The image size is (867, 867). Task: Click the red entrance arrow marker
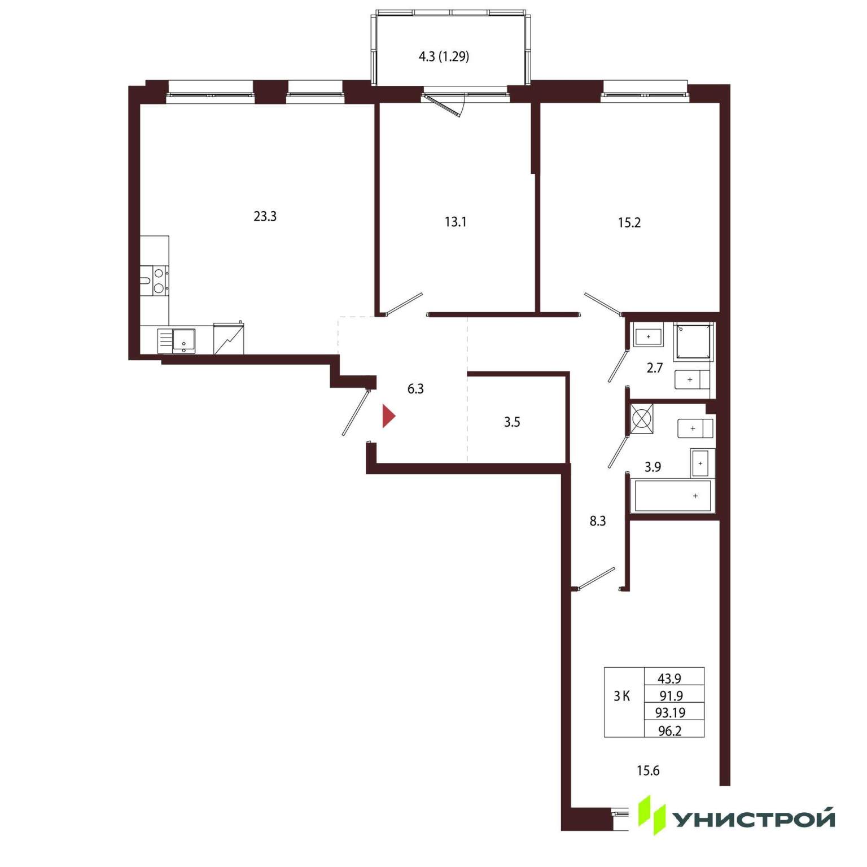pos(388,416)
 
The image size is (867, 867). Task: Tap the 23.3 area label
pos(265,216)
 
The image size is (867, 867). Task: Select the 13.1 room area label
pos(456,222)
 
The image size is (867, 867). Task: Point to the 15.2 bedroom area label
pos(629,222)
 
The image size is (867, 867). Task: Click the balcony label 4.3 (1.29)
pos(444,56)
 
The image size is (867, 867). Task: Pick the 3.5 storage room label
pos(512,422)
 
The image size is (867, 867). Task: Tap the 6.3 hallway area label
pos(415,388)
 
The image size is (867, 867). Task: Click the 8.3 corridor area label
pos(598,521)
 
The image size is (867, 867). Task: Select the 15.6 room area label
pos(648,770)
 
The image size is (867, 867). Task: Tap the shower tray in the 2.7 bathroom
pos(693,341)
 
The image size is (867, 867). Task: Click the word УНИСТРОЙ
pos(754,819)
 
